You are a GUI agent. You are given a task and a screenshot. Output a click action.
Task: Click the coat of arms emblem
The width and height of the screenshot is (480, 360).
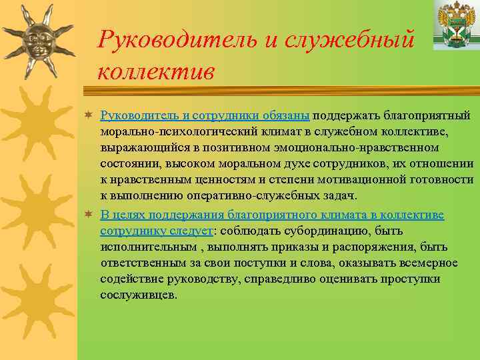[x=455, y=24]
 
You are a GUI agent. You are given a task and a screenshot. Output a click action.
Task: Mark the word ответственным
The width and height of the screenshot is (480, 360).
[x=140, y=263]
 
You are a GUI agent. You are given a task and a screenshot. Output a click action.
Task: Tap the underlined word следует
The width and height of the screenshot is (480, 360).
[x=191, y=231]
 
